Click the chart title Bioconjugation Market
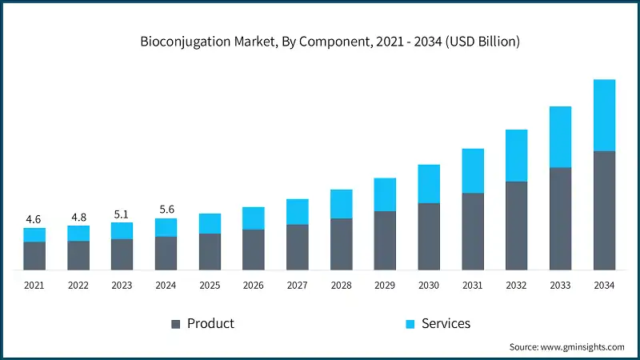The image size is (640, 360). tap(319, 41)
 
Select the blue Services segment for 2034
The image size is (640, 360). tap(604, 115)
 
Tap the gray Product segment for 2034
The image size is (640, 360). tap(604, 210)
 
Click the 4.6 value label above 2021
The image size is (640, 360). tap(34, 218)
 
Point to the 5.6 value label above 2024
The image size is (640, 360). tap(166, 209)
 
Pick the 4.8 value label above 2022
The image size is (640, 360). tap(78, 217)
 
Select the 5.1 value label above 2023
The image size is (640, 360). tap(122, 214)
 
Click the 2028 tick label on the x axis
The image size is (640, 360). tap(342, 286)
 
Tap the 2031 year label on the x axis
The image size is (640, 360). tap(473, 286)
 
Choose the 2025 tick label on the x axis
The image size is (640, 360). tap(210, 286)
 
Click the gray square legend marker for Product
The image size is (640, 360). tap(175, 324)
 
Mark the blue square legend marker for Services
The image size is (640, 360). tap(410, 324)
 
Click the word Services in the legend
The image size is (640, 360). tap(446, 324)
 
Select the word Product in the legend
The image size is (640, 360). tap(210, 324)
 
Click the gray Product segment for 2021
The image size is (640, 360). tap(34, 255)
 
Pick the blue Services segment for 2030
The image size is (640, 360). tap(429, 184)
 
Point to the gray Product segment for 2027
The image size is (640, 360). tap(298, 246)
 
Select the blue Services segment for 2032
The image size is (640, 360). tap(517, 155)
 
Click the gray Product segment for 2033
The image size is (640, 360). tap(560, 218)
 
